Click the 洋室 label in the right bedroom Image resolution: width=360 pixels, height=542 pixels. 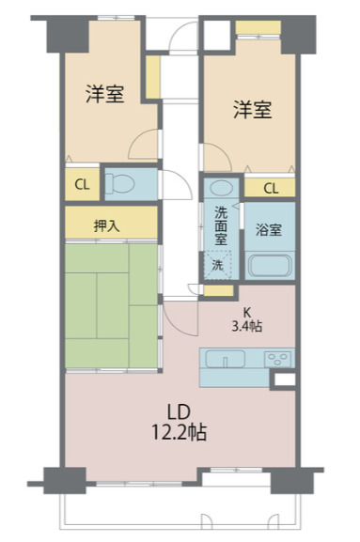point(252,110)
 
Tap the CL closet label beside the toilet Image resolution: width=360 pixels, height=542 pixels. point(82,184)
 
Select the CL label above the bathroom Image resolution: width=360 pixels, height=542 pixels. point(271,189)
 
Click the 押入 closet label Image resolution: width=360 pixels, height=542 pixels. point(106,225)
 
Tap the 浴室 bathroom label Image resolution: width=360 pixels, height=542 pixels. point(270,228)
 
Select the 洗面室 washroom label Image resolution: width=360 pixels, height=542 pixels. point(220,225)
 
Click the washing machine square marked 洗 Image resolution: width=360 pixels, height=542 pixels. point(217,265)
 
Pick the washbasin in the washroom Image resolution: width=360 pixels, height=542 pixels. point(218,188)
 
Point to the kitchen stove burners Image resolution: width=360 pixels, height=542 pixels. point(278,358)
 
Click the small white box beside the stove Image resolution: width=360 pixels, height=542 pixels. point(282,379)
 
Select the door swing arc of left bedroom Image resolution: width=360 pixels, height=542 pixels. point(143,146)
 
